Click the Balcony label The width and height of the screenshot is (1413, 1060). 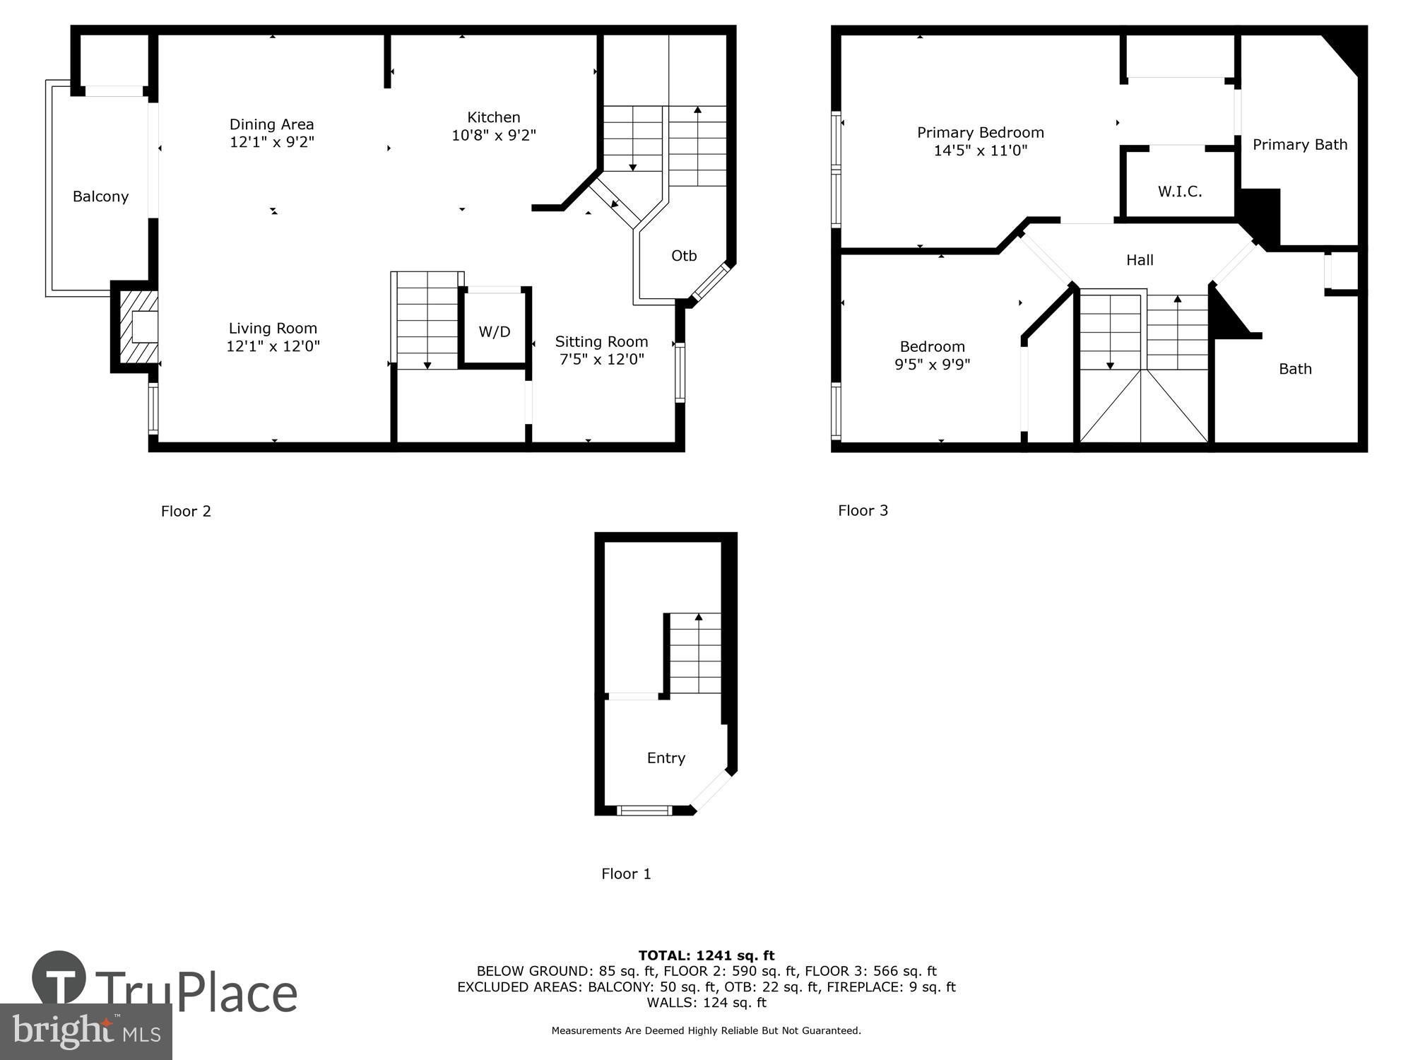coord(100,196)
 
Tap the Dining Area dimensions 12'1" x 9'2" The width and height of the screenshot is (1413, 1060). coord(271,142)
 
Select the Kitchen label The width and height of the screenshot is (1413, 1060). coord(493,117)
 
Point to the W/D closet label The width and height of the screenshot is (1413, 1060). coord(494,331)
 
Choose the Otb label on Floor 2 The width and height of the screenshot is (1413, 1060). coord(683,256)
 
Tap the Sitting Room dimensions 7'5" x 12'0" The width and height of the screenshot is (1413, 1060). coord(601,360)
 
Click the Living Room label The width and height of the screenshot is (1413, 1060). coord(273,328)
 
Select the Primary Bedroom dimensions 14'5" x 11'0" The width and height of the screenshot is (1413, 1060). coord(980,151)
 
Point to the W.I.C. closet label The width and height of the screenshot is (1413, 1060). coord(1179,192)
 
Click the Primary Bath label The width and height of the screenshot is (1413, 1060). coord(1299,145)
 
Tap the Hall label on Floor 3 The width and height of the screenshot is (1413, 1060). coord(1139,260)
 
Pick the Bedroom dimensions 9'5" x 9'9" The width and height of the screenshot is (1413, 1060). coord(932,365)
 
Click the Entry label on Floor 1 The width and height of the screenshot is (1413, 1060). coord(666,758)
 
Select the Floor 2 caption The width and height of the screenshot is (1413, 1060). coord(186,512)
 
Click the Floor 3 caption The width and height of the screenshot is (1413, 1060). coord(863,511)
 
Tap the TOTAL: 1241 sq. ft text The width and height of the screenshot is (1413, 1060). coord(706,956)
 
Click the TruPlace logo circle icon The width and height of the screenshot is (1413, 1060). coord(59,978)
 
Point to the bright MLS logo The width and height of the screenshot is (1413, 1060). coord(85,1032)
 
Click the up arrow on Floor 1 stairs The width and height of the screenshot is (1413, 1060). coord(699,618)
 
